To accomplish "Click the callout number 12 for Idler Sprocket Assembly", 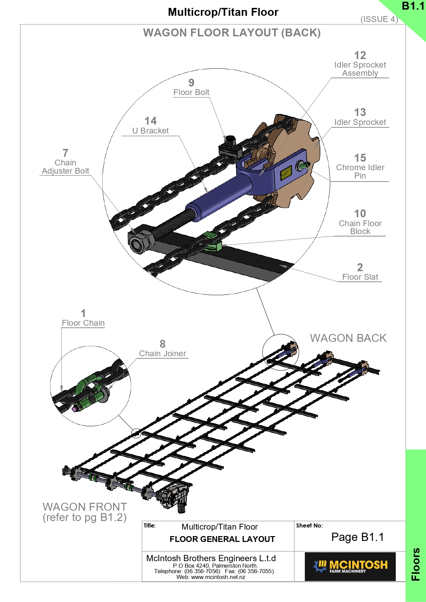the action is (x=360, y=55).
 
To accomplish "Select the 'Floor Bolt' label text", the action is (x=191, y=92).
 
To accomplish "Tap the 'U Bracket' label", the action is (x=150, y=131).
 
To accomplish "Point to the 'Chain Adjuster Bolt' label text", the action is (x=65, y=167).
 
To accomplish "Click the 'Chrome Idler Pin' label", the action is (x=360, y=172).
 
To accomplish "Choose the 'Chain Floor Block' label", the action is (x=360, y=227).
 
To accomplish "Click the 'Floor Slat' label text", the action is (x=360, y=277).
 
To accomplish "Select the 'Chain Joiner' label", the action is (x=162, y=354).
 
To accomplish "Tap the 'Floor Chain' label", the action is (x=83, y=323).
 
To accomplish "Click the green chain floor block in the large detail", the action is (x=211, y=241).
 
